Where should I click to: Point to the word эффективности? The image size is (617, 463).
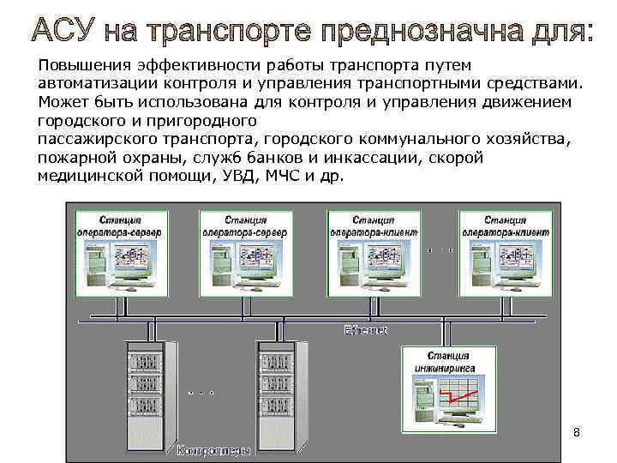[x=188, y=66]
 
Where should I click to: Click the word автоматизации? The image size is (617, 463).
[x=95, y=84]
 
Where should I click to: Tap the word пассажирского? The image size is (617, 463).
[x=93, y=139]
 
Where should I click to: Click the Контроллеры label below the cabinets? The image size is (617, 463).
[x=214, y=449]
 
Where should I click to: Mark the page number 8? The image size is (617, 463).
[x=576, y=432]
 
